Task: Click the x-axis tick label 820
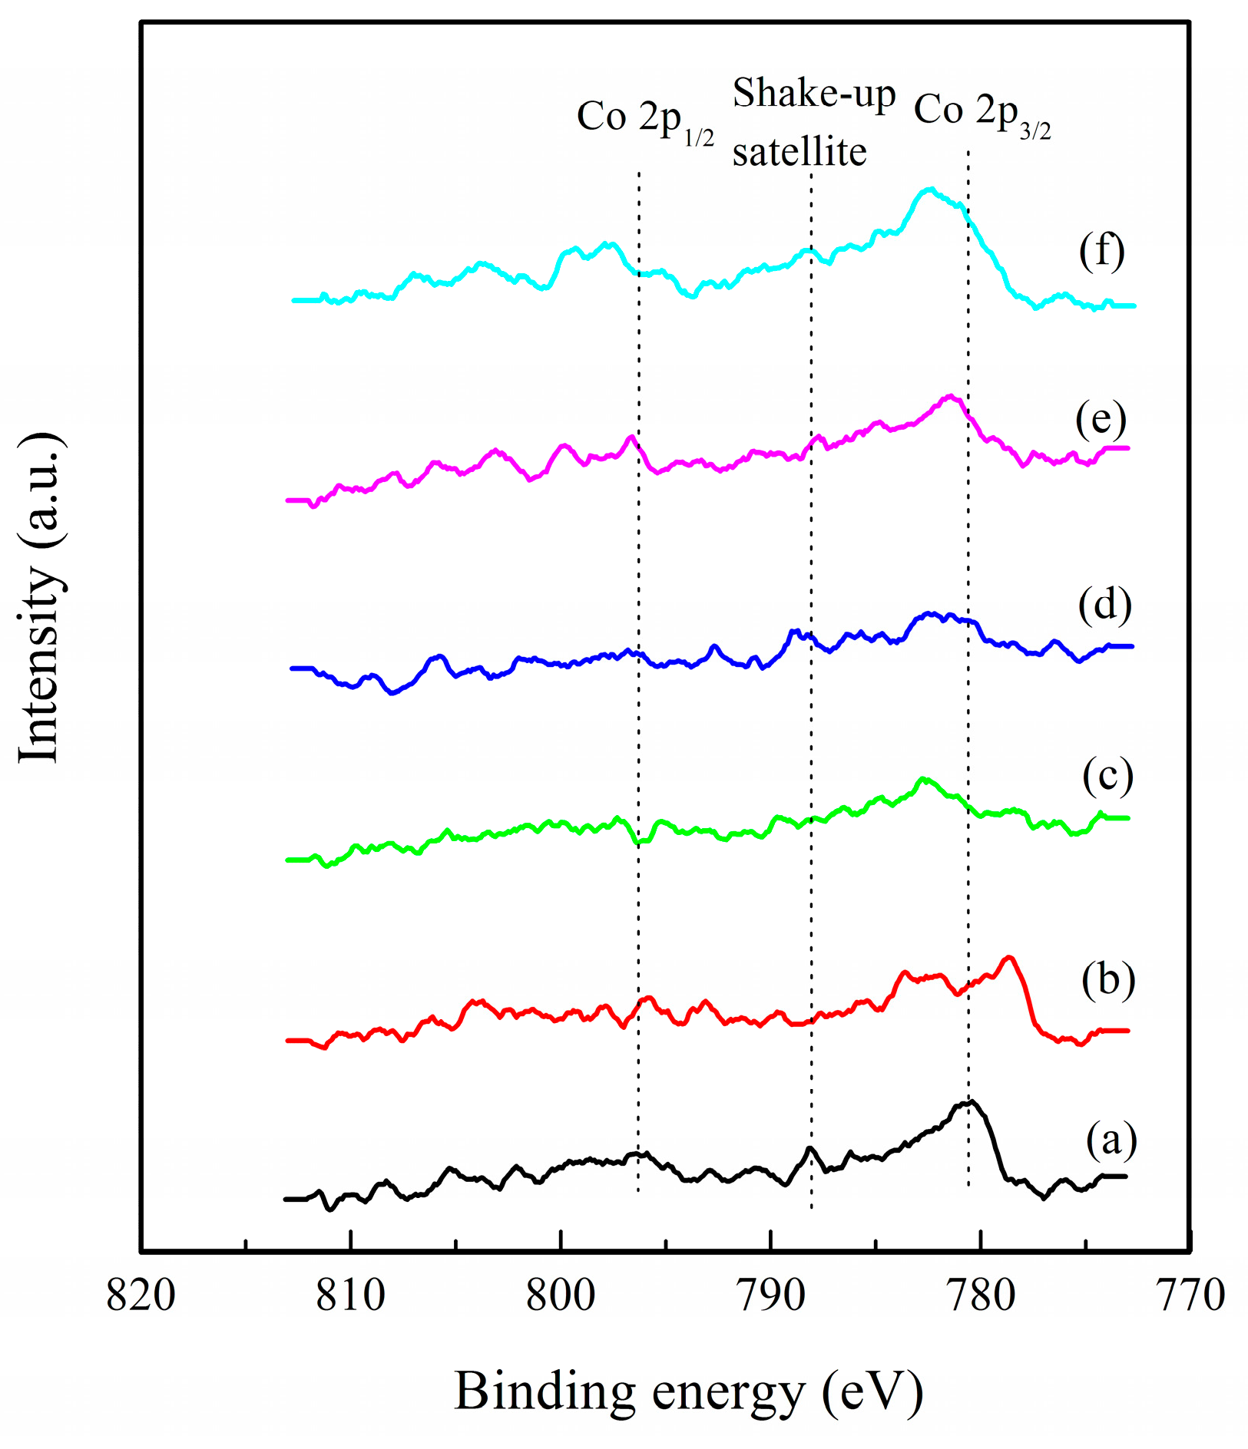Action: click(141, 1296)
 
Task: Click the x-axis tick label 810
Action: click(351, 1296)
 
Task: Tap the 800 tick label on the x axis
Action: click(561, 1296)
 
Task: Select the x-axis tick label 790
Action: click(770, 1296)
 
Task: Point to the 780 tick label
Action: click(981, 1296)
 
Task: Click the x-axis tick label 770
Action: click(1190, 1296)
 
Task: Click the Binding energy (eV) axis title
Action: click(689, 1391)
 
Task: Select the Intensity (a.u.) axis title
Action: click(40, 597)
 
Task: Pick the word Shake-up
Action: click(814, 94)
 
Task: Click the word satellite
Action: click(799, 151)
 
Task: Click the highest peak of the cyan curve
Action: click(930, 189)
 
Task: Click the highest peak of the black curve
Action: click(972, 1101)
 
